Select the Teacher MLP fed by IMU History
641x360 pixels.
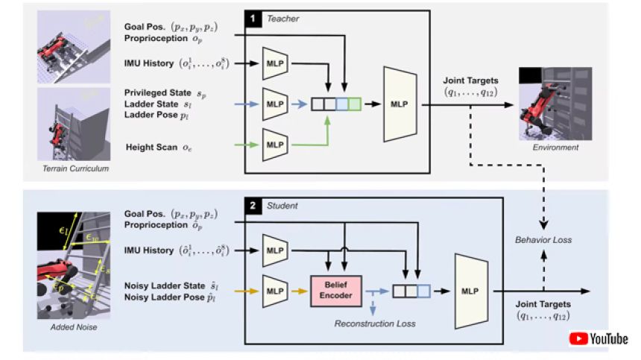(x=274, y=63)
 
